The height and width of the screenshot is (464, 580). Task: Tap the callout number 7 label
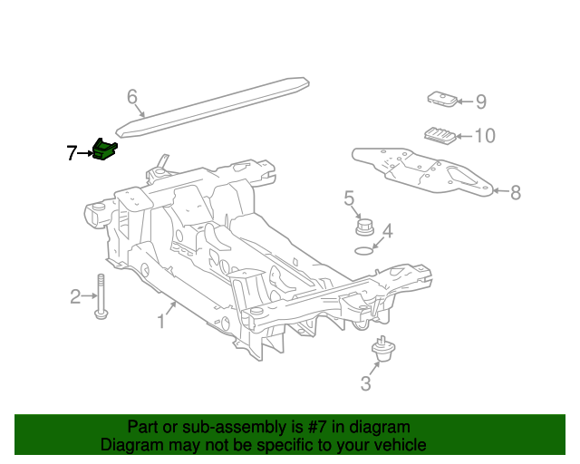click(x=72, y=154)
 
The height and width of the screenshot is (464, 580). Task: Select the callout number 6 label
click(x=131, y=96)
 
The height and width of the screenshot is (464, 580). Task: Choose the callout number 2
click(x=76, y=295)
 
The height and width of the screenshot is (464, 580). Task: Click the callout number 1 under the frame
click(x=161, y=321)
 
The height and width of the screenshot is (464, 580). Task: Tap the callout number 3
click(x=365, y=384)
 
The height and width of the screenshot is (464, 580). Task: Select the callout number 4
click(x=387, y=231)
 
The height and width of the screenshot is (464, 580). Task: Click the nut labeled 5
click(x=365, y=226)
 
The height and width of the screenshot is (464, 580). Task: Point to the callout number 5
click(x=349, y=198)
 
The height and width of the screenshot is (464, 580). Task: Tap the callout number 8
click(x=515, y=192)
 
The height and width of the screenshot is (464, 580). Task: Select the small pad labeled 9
click(x=441, y=100)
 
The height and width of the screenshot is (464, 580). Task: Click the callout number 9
click(x=480, y=101)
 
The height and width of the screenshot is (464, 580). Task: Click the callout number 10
click(x=485, y=137)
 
